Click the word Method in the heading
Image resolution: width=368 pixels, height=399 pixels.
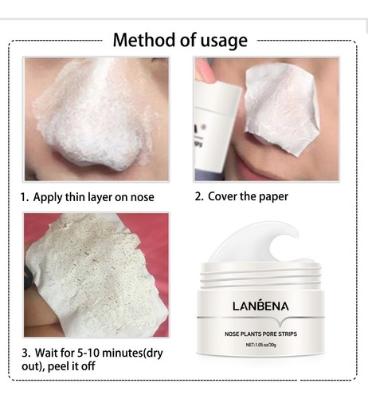pyautogui.click(x=145, y=40)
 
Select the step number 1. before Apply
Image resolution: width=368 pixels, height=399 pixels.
pyautogui.click(x=25, y=197)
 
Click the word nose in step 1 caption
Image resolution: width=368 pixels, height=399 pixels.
pyautogui.click(x=142, y=197)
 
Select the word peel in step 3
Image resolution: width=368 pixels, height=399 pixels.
pyautogui.click(x=58, y=367)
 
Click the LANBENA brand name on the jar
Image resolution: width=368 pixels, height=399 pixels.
pyautogui.click(x=260, y=306)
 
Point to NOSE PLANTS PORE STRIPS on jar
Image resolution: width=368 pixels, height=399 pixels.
pyautogui.click(x=260, y=334)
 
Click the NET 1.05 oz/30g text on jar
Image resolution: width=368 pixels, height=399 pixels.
pyautogui.click(x=260, y=345)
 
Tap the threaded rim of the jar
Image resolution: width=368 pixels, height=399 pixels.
pyautogui.click(x=261, y=277)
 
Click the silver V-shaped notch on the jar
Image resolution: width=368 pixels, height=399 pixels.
pyautogui.click(x=280, y=321)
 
